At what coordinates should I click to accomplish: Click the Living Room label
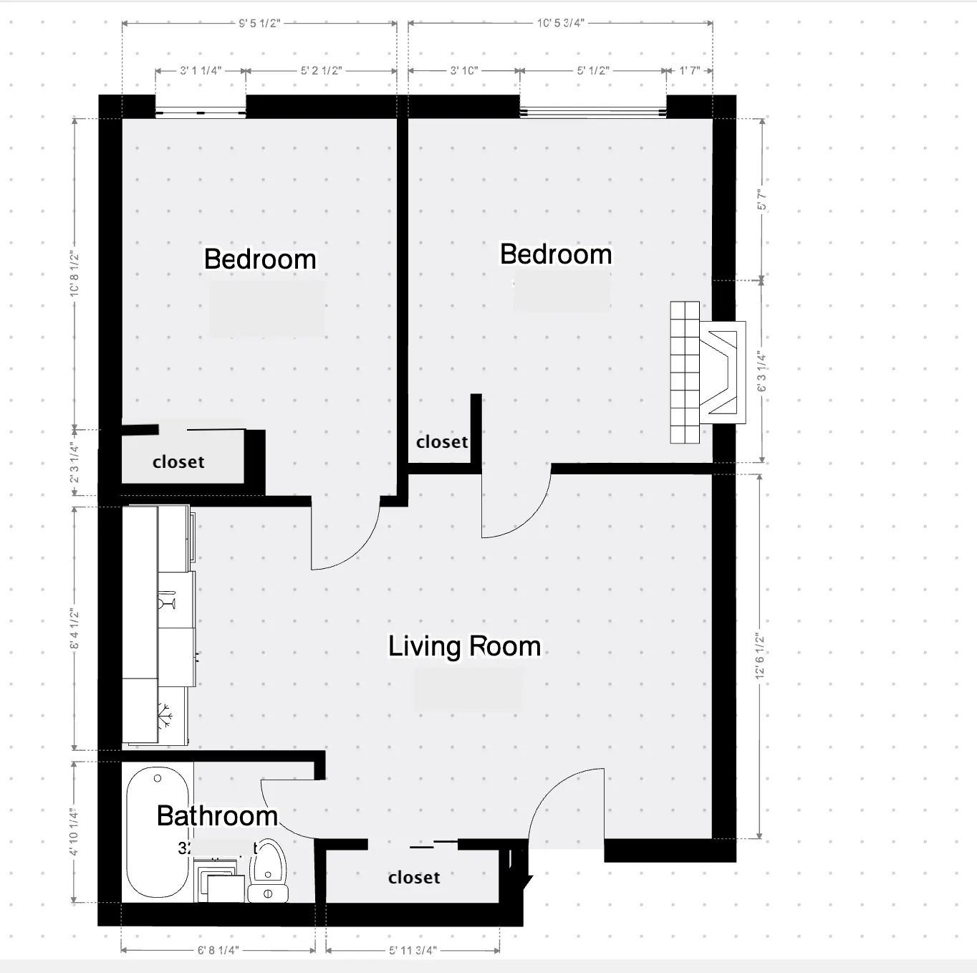[x=464, y=646]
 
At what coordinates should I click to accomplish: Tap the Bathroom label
[x=216, y=816]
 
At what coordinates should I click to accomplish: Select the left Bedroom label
[x=260, y=259]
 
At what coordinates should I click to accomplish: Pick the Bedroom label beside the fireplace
[x=556, y=254]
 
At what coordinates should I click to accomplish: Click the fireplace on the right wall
[x=706, y=373]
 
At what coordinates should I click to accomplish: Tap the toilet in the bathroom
[x=268, y=871]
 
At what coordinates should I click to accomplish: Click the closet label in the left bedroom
[x=178, y=462]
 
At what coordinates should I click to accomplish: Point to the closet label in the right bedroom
[x=442, y=442]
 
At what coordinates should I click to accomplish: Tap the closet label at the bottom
[x=414, y=878]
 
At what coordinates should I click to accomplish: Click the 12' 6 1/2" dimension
[x=760, y=656]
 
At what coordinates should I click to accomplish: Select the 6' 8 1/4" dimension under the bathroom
[x=218, y=950]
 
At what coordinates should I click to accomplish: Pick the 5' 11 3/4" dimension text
[x=413, y=950]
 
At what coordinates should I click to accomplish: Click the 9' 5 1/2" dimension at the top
[x=259, y=23]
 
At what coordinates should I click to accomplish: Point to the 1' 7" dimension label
[x=689, y=70]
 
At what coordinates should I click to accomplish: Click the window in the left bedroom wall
[x=201, y=111]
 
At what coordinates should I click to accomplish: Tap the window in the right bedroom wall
[x=592, y=111]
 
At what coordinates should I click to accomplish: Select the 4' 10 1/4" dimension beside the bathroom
[x=74, y=832]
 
